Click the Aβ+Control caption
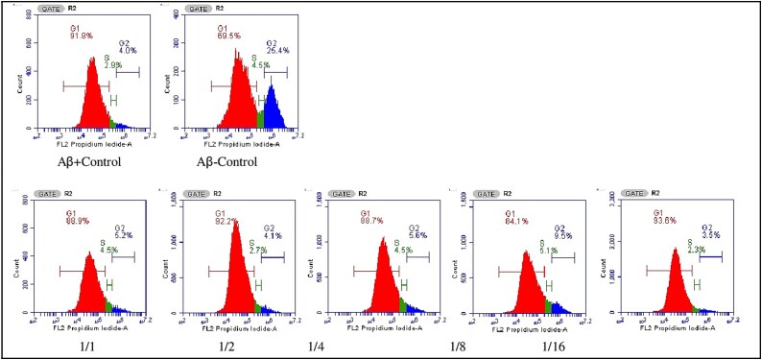click(86, 162)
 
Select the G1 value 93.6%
click(664, 222)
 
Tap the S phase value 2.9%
click(113, 64)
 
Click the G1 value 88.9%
click(79, 222)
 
